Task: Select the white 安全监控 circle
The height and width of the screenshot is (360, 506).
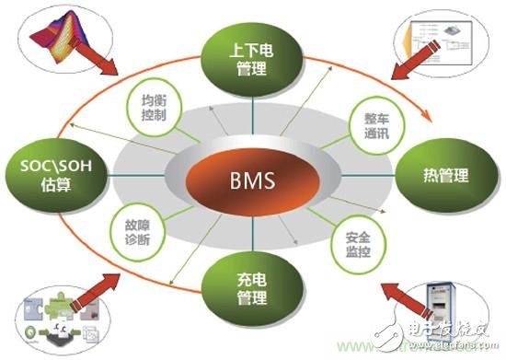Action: (351, 241)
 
